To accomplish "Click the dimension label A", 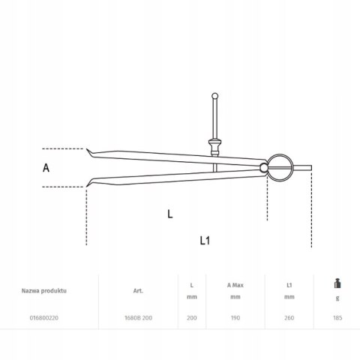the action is (46, 168).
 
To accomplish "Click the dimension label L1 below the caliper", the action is (205, 241).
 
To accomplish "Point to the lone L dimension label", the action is (170, 214).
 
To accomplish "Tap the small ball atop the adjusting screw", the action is (214, 96).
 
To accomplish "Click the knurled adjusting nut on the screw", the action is (214, 148).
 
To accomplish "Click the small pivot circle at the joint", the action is (263, 168).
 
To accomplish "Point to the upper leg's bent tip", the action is (88, 151).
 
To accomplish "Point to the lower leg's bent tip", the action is (88, 184).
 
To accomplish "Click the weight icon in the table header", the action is (337, 283).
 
